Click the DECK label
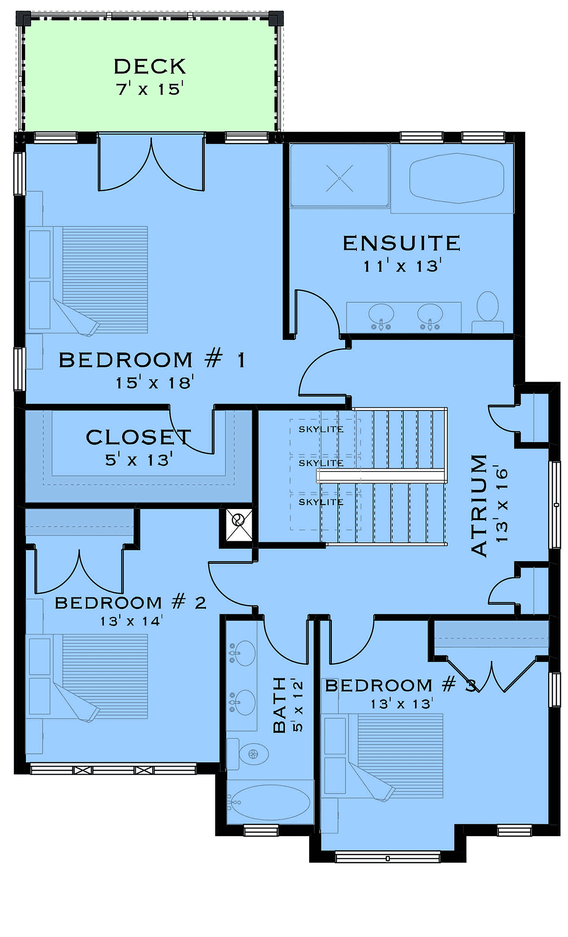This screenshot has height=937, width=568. [x=150, y=66]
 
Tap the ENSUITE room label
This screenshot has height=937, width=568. [x=401, y=243]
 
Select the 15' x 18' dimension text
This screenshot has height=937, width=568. [x=155, y=382]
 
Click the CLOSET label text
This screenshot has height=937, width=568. [x=139, y=437]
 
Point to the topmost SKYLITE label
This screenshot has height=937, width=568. [x=321, y=429]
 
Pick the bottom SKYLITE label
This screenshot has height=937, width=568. [x=321, y=502]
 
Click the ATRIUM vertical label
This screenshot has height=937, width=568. [x=479, y=505]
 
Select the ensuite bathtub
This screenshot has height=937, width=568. [x=456, y=178]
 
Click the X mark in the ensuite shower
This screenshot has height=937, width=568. [x=339, y=178]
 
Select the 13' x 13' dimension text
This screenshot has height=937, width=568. [x=401, y=704]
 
